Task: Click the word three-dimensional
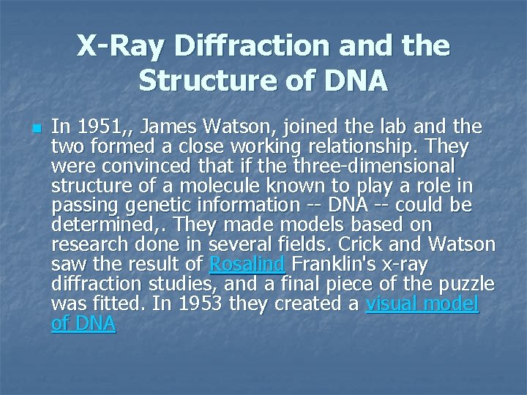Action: [x=374, y=166]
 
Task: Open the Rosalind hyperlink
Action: [x=246, y=263]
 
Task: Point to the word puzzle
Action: [x=465, y=282]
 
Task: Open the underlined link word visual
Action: [x=393, y=302]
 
